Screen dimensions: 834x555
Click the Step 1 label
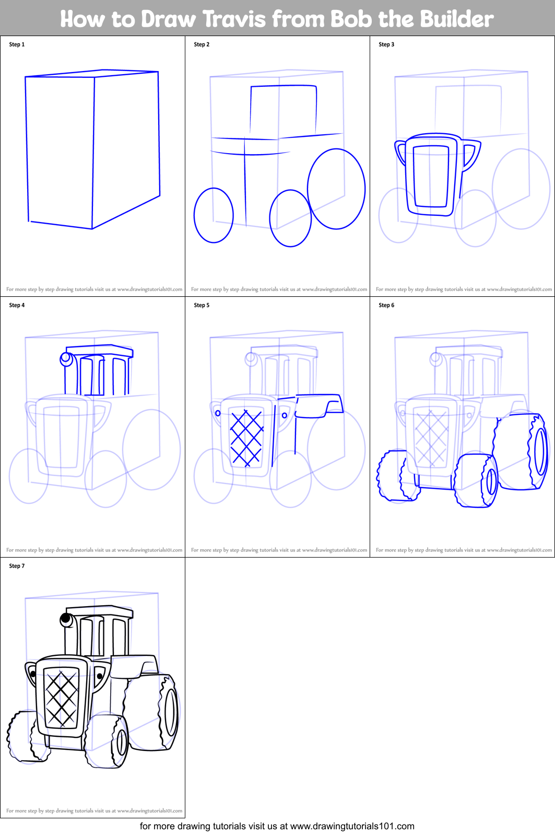[17, 44]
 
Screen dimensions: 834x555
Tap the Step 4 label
[17, 305]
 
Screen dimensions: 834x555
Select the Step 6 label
[386, 305]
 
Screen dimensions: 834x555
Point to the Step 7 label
[17, 566]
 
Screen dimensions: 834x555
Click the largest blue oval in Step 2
[336, 189]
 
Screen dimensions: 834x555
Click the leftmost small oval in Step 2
[214, 215]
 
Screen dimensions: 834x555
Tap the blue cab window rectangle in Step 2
[284, 110]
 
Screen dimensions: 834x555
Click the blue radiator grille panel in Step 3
[431, 177]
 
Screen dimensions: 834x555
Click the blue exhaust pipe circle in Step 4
[66, 358]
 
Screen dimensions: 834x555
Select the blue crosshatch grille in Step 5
[246, 438]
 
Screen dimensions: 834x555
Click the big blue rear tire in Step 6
[522, 452]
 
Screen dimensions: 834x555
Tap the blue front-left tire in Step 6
[397, 477]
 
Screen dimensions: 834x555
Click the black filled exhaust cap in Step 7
[66, 619]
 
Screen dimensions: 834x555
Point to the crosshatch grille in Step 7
[61, 699]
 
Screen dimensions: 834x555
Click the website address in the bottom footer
[352, 826]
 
